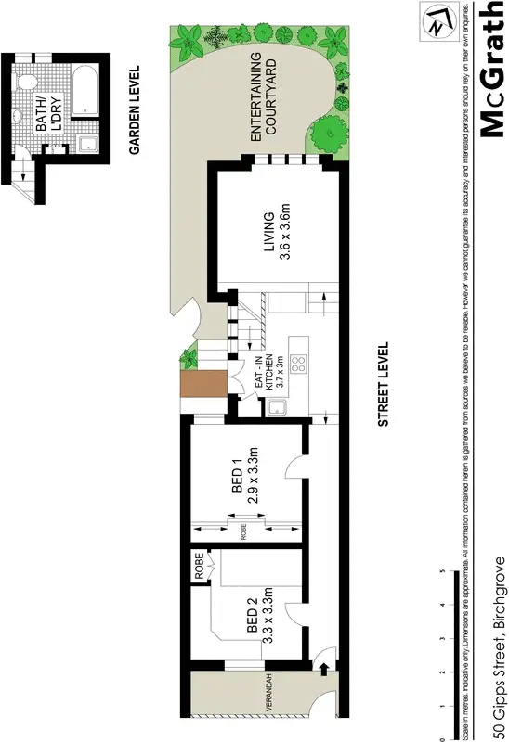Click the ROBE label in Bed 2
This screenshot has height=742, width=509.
199,560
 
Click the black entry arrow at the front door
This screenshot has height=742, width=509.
323,665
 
